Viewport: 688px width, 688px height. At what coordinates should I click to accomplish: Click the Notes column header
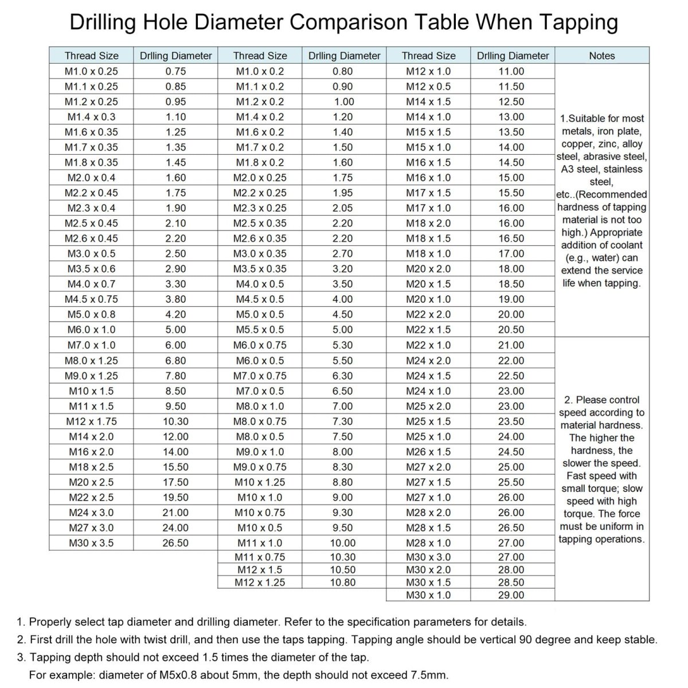click(x=601, y=56)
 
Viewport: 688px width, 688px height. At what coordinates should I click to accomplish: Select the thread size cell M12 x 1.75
click(x=91, y=421)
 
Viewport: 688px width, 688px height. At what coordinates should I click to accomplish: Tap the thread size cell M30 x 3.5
click(x=91, y=543)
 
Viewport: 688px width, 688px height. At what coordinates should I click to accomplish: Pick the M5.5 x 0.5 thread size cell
click(x=260, y=330)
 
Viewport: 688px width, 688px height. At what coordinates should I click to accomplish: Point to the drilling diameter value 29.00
click(x=511, y=595)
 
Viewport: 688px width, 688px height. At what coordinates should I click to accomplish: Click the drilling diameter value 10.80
click(x=343, y=583)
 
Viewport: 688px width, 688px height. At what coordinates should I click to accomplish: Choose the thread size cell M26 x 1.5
click(x=428, y=452)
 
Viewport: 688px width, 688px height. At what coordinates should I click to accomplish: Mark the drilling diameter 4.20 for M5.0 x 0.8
click(x=175, y=314)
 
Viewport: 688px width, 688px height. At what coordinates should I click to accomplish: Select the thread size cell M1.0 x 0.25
click(x=91, y=71)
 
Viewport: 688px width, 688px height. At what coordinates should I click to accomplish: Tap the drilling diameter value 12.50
click(x=511, y=101)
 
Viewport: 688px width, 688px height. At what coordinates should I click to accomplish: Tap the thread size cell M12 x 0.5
click(x=428, y=87)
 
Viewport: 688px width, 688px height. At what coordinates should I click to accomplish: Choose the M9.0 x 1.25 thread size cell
click(x=91, y=376)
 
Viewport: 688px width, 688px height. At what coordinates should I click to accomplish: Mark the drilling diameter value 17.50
click(x=175, y=482)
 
